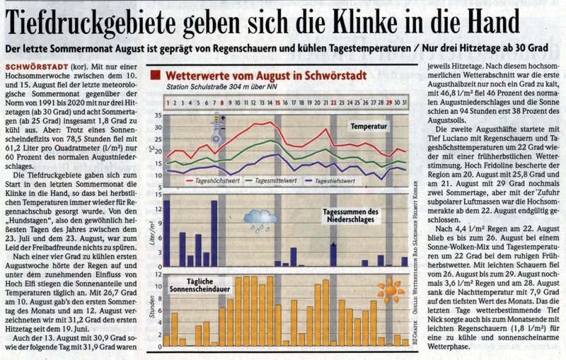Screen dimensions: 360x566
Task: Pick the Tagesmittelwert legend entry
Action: [275, 180]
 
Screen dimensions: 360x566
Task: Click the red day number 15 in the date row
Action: [278, 103]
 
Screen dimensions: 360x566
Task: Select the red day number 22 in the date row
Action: [334, 103]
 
